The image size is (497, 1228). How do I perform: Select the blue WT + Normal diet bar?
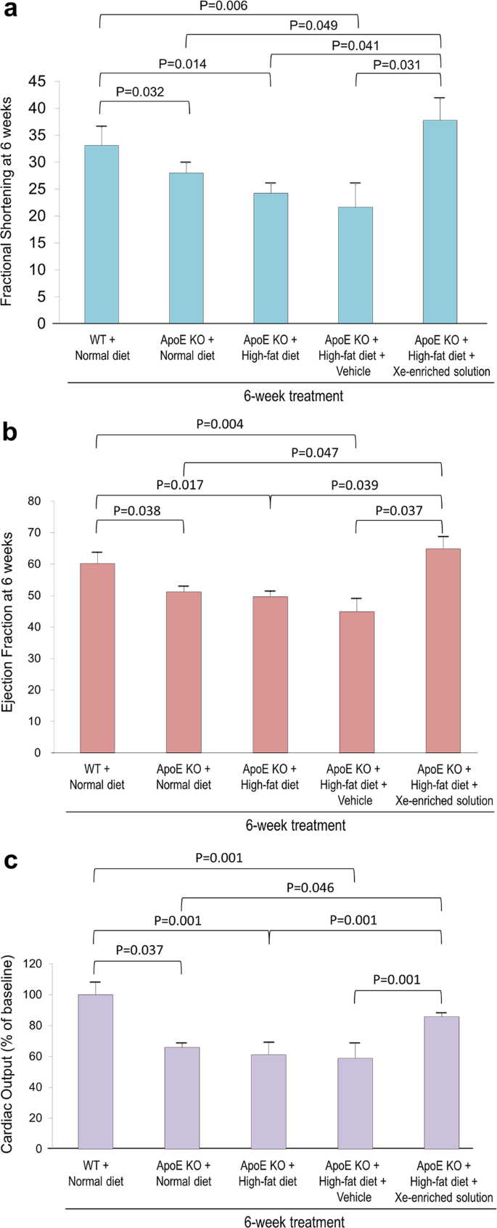pos(102,234)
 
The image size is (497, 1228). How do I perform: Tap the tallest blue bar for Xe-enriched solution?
pos(440,221)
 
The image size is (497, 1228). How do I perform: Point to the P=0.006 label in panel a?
pos(223,7)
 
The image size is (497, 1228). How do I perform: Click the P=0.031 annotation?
pos(397,65)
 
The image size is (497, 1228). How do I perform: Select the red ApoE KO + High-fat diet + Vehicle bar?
pos(356,682)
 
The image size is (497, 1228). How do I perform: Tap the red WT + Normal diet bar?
pos(97,658)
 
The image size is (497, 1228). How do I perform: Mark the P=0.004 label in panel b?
pos(220,424)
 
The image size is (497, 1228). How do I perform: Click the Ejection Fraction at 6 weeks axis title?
pos(7,622)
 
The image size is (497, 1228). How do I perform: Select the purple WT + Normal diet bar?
pos(95,1071)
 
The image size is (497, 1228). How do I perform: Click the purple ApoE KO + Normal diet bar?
pos(182,1097)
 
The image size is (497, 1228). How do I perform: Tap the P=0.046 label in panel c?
pos(310,887)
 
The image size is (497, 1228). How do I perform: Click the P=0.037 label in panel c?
pos(139,949)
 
